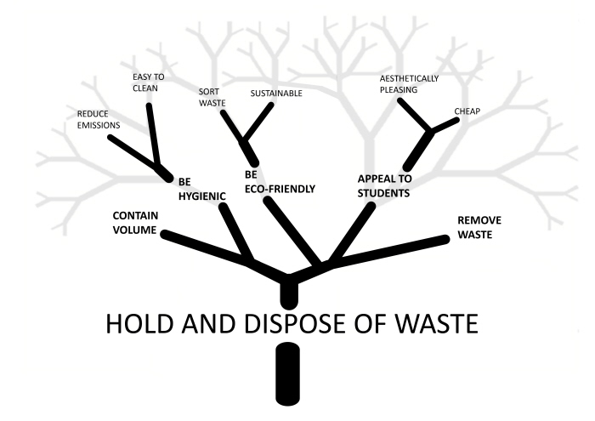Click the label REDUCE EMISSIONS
pyautogui.click(x=98, y=119)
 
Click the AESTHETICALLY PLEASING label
pyautogui.click(x=408, y=83)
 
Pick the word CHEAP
pyautogui.click(x=467, y=111)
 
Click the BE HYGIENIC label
pyautogui.click(x=201, y=188)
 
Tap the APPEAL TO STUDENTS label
pyautogui.click(x=383, y=186)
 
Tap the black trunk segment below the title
pyautogui.click(x=289, y=373)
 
